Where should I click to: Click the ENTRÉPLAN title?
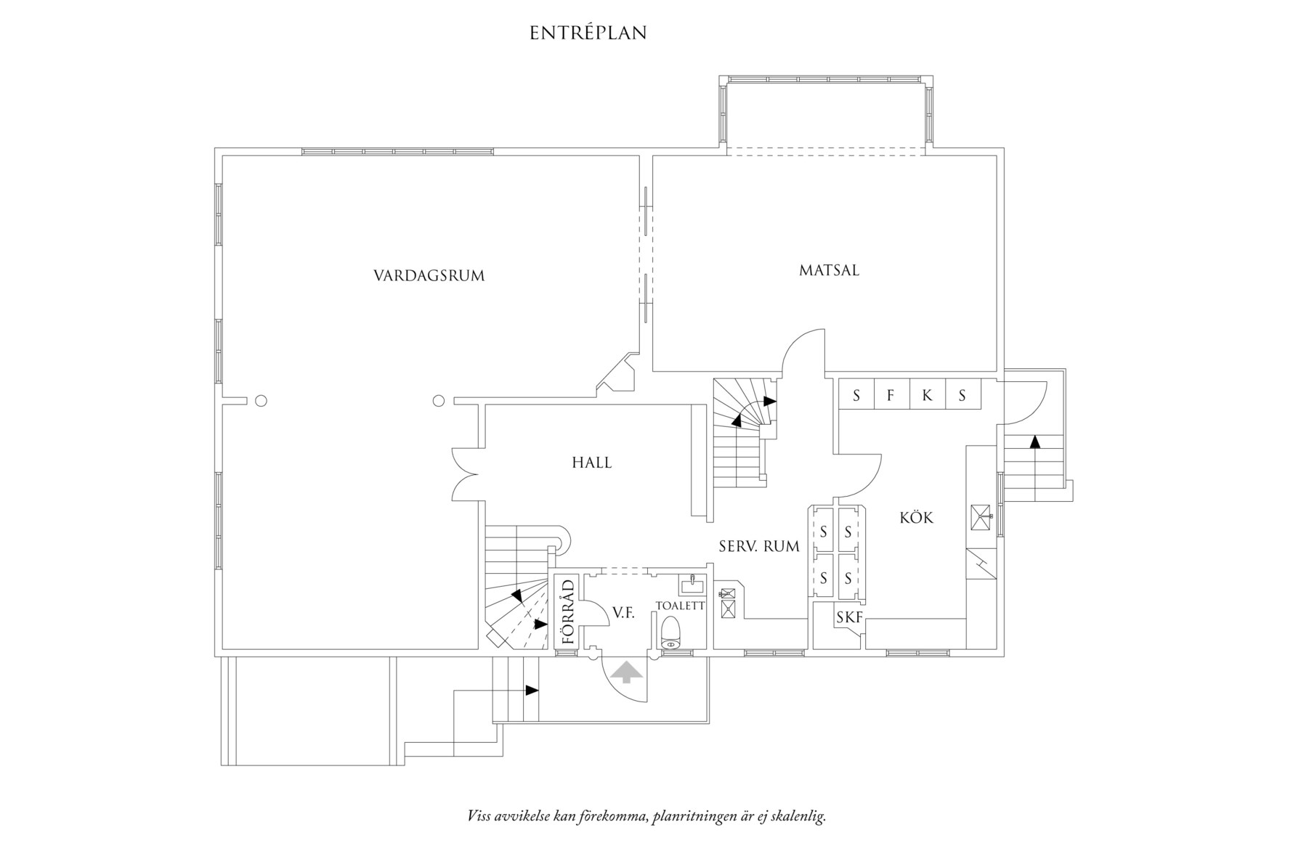(x=588, y=33)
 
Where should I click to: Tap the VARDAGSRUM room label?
(x=429, y=276)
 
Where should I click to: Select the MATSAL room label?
(x=829, y=270)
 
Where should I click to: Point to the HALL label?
(x=591, y=463)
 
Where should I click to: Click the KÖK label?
(x=916, y=518)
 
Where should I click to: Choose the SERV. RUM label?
(x=759, y=547)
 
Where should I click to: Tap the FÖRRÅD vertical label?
(x=568, y=612)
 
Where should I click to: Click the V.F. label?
(x=623, y=613)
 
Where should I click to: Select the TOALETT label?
(x=680, y=605)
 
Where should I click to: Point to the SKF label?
(x=849, y=618)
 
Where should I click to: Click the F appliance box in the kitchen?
(x=891, y=396)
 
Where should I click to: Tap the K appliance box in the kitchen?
(x=927, y=396)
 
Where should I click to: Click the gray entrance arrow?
(x=627, y=672)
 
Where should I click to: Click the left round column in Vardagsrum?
(x=262, y=400)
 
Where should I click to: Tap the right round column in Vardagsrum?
(x=438, y=400)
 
